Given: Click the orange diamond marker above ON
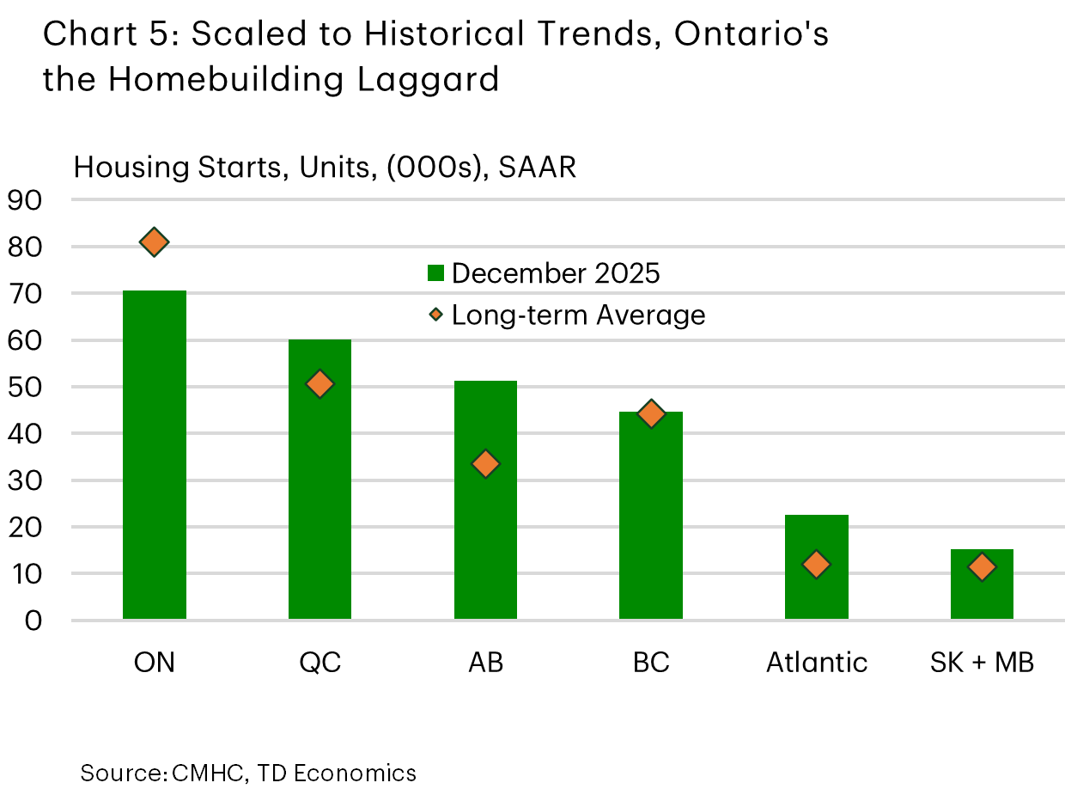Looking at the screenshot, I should (155, 242).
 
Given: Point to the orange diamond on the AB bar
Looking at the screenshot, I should (485, 464).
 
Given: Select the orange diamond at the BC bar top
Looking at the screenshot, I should (651, 414).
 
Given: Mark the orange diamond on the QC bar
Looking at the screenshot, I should (319, 384).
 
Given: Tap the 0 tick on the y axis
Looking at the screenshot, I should (33, 621).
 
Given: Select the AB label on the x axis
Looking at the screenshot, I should (485, 663).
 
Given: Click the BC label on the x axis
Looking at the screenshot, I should (651, 663).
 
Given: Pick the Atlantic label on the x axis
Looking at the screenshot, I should (816, 663).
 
